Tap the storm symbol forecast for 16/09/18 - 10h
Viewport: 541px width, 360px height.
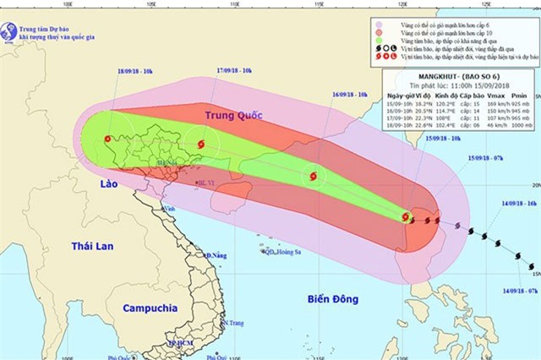click(x=314, y=177)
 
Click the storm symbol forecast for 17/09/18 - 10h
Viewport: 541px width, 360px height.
click(x=200, y=145)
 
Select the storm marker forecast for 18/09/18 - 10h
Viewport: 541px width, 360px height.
click(x=107, y=140)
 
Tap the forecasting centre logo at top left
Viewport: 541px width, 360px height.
click(x=10, y=31)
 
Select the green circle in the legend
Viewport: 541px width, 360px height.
click(x=381, y=40)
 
